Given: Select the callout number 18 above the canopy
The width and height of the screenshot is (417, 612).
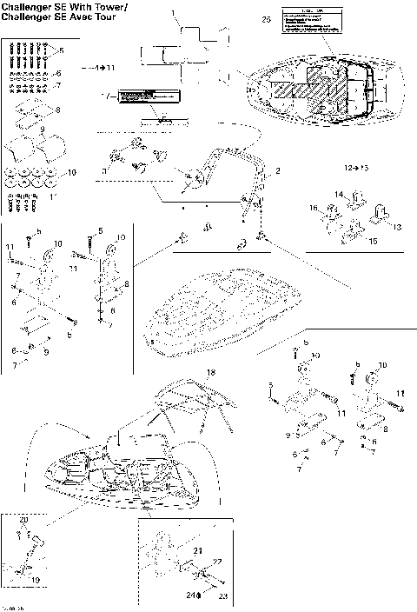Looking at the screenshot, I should (208, 372).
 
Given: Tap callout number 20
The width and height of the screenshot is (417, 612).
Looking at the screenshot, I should (23, 519).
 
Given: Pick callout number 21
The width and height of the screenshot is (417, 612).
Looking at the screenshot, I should (197, 551).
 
